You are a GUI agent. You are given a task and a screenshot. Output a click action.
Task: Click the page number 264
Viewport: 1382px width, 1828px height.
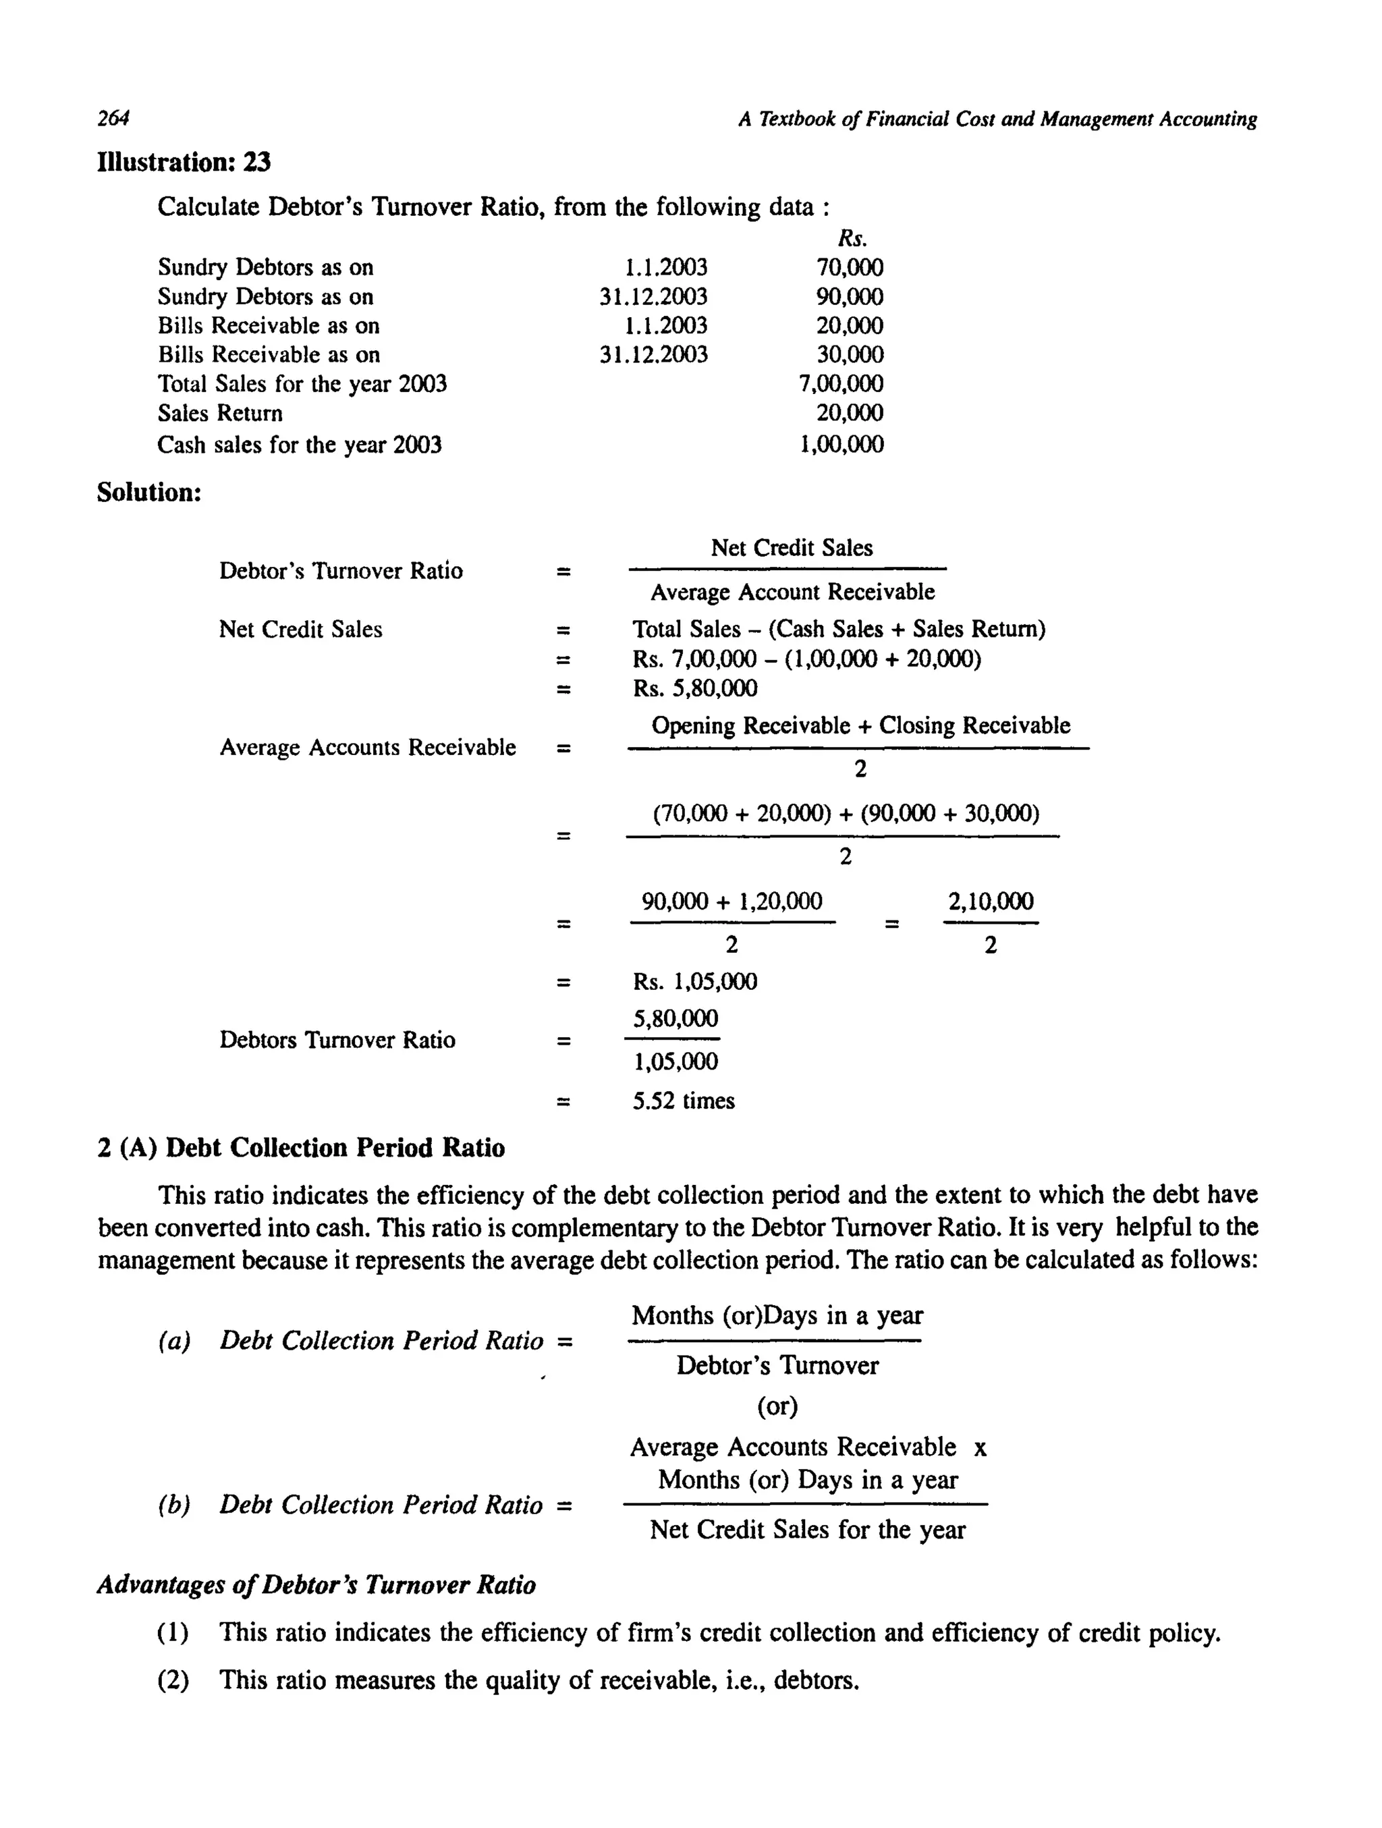point(113,119)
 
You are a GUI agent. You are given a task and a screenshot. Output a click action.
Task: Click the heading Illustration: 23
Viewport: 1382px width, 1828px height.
point(184,161)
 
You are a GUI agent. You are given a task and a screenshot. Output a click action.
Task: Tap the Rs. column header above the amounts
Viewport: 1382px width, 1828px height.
point(852,239)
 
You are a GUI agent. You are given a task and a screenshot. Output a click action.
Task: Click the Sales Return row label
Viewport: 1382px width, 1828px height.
point(220,413)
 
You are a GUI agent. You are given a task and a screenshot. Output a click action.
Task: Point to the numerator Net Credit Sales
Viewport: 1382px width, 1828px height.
point(791,548)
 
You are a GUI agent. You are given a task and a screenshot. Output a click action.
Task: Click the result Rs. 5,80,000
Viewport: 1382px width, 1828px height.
point(694,688)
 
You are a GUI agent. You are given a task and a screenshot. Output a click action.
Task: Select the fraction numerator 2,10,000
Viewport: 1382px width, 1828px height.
point(990,902)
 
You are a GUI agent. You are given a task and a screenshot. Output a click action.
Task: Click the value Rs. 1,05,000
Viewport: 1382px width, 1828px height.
point(694,982)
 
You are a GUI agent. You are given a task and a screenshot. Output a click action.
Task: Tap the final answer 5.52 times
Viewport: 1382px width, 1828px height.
point(684,1101)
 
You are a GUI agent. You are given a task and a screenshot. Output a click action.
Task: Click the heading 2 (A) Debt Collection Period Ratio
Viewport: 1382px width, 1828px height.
point(301,1148)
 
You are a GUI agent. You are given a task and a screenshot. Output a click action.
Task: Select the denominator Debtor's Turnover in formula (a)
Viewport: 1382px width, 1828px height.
point(777,1365)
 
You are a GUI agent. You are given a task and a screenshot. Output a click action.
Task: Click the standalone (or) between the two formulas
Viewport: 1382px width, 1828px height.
point(777,1406)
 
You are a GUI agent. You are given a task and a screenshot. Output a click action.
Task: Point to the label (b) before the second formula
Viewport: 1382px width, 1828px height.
point(173,1505)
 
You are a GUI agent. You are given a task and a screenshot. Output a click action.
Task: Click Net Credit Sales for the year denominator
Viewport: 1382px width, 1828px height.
point(806,1530)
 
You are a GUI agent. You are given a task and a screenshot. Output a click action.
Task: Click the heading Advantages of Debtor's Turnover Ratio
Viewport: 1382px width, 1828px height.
point(316,1585)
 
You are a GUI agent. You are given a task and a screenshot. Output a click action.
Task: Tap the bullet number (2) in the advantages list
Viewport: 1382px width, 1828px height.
point(173,1680)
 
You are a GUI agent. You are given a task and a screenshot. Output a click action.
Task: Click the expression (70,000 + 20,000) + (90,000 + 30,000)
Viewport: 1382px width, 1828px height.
point(846,814)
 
